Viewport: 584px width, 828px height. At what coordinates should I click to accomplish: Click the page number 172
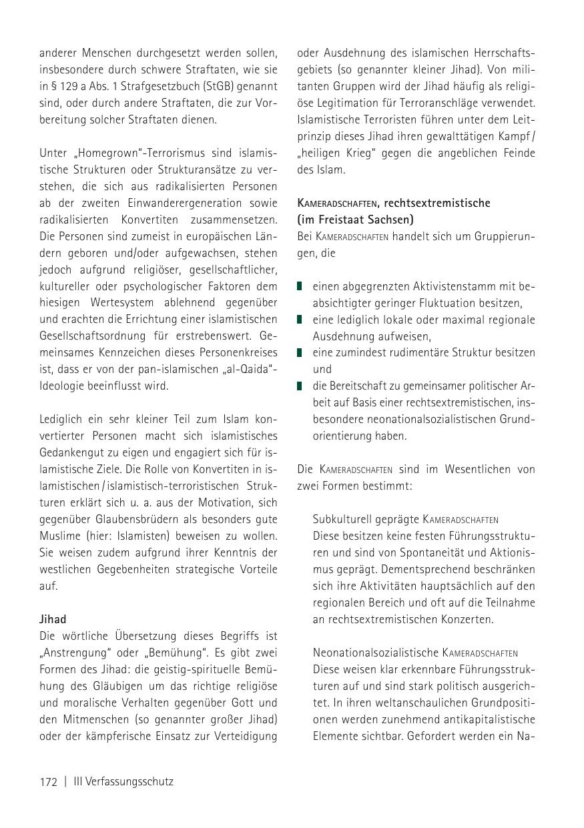pyautogui.click(x=49, y=781)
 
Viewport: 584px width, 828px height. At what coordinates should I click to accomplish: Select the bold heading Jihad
pyautogui.click(x=52, y=619)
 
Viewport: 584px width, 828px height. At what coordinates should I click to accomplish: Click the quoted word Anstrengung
pyautogui.click(x=76, y=653)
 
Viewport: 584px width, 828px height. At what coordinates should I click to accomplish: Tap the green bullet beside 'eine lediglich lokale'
pyautogui.click(x=300, y=320)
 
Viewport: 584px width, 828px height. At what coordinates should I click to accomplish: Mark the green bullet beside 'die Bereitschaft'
pyautogui.click(x=300, y=386)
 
